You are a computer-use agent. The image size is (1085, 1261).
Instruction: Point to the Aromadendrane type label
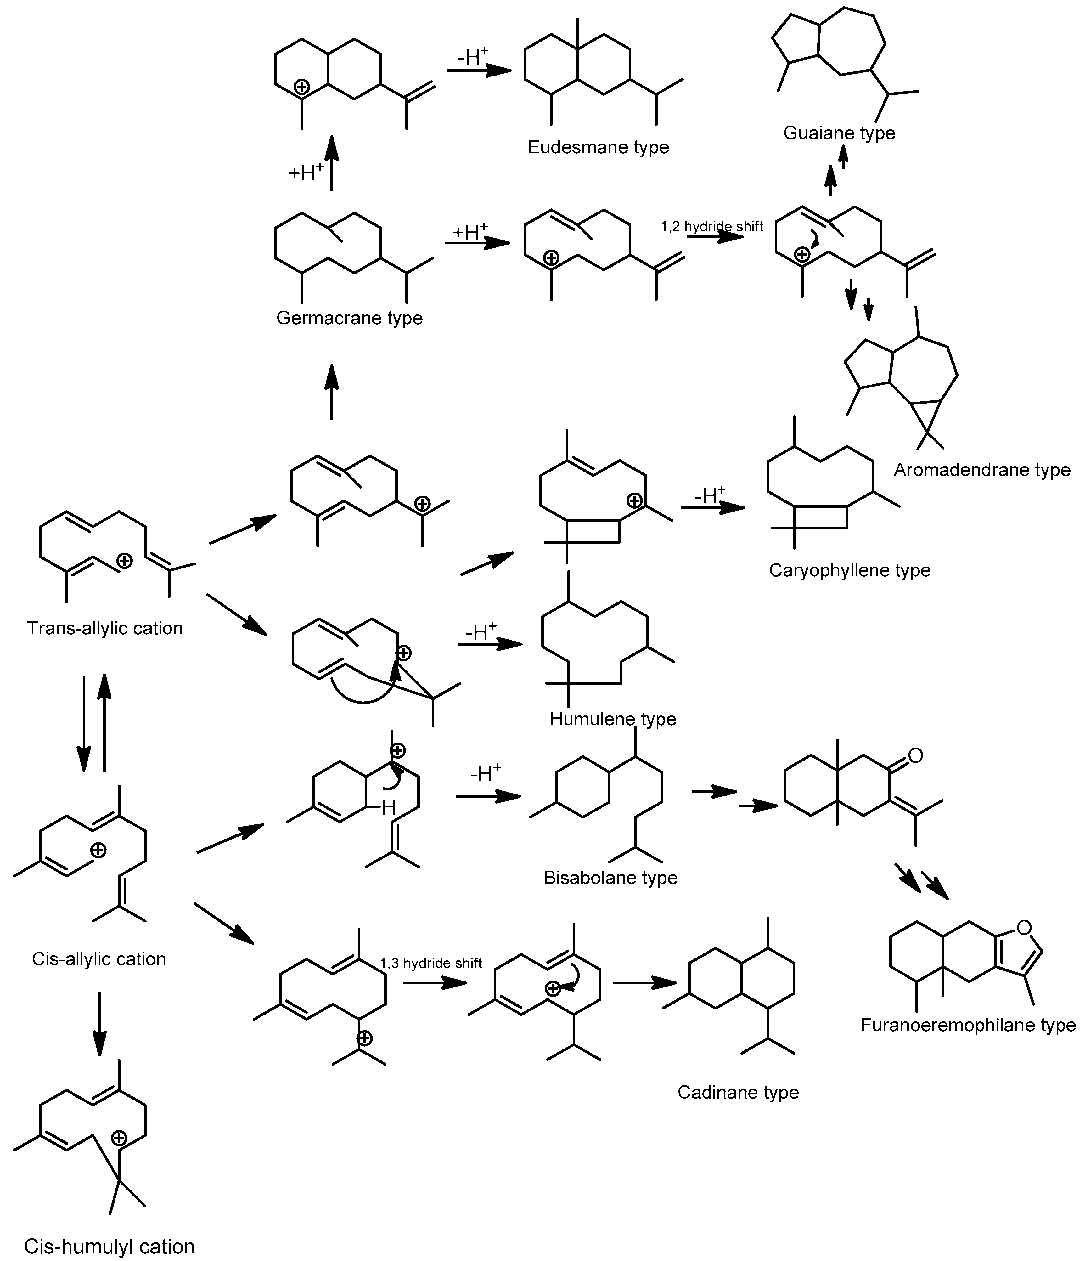pos(981,470)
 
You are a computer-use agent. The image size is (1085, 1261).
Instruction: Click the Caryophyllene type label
pos(850,570)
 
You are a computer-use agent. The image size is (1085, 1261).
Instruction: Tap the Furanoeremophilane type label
pos(968,1025)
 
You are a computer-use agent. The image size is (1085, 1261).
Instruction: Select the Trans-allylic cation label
pos(105,628)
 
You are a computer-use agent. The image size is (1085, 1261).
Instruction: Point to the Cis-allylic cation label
pos(98,959)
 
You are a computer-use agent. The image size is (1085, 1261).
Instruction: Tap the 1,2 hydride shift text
pos(712,226)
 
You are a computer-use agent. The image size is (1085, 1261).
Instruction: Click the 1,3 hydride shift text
pos(431,964)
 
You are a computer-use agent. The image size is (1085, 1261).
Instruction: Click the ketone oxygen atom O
pos(915,756)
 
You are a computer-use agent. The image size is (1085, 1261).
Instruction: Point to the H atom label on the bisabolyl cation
pos(388,808)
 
